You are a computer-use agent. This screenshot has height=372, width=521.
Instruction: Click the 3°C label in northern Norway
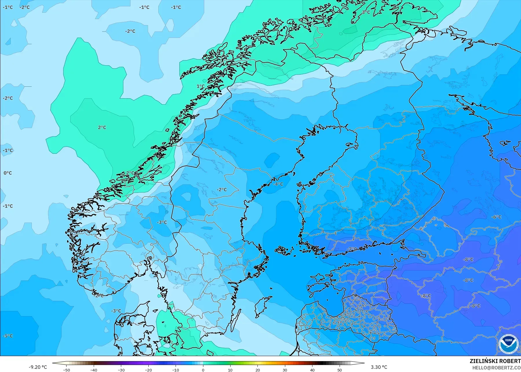pyautogui.click(x=366, y=12)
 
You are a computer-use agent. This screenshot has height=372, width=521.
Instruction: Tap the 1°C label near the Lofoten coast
pyautogui.click(x=200, y=86)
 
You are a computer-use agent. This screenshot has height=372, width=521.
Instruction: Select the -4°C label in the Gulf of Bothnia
pyautogui.click(x=278, y=184)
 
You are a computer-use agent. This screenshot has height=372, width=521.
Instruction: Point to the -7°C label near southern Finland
pyautogui.click(x=352, y=249)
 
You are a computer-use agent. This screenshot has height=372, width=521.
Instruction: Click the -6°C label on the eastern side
pyautogui.click(x=496, y=217)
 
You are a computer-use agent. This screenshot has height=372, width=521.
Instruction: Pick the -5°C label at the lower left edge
pyautogui.click(x=8, y=336)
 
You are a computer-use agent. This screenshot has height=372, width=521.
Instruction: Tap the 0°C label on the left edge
pyautogui.click(x=8, y=173)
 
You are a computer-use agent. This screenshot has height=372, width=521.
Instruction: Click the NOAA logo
pyautogui.click(x=508, y=344)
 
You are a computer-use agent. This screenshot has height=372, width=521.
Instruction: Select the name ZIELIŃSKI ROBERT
pyautogui.click(x=495, y=361)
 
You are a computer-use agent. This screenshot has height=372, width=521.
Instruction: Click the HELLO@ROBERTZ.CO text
pyautogui.click(x=496, y=368)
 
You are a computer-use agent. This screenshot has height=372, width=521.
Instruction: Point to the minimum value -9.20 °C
pyautogui.click(x=38, y=367)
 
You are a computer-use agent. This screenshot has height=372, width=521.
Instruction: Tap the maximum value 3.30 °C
pyautogui.click(x=379, y=367)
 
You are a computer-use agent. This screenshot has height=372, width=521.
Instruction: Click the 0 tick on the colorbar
pyautogui.click(x=203, y=370)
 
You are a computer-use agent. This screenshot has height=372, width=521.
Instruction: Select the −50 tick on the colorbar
pyautogui.click(x=67, y=370)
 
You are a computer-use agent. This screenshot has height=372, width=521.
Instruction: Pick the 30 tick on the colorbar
pyautogui.click(x=285, y=370)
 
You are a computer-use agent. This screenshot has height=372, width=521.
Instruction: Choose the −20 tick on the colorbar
pyautogui.click(x=148, y=370)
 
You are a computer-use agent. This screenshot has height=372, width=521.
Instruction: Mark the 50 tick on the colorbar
pyautogui.click(x=340, y=370)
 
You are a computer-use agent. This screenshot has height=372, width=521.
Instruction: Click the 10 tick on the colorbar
pyautogui.click(x=230, y=370)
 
